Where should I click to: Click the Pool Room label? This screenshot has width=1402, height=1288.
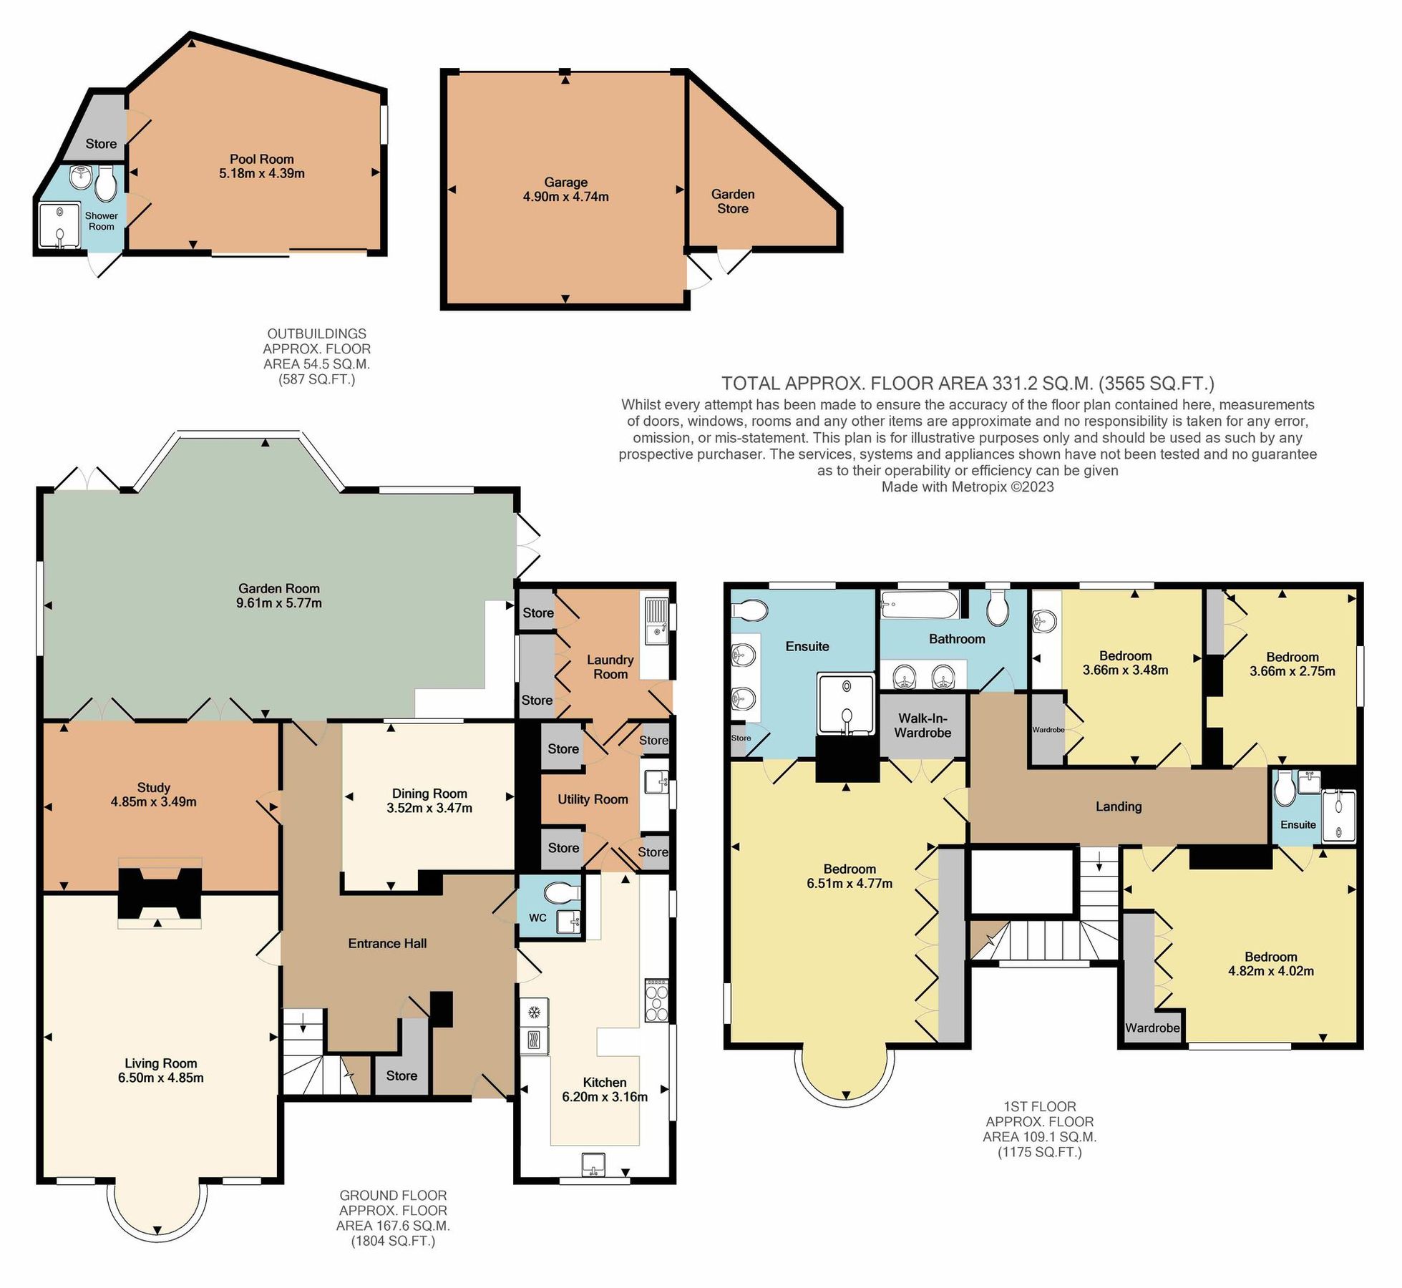[261, 159]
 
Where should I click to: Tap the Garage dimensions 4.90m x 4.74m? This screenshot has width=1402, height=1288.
[565, 197]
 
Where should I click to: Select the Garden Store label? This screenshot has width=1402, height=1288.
[732, 201]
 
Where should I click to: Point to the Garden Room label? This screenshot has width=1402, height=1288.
[278, 588]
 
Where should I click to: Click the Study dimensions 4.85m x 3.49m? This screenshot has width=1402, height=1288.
[153, 802]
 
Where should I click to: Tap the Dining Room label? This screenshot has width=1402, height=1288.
[429, 793]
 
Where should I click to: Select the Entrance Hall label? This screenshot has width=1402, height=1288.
[387, 943]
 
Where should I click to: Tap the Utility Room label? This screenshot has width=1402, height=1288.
[593, 799]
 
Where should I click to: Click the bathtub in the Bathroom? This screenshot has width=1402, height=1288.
[919, 606]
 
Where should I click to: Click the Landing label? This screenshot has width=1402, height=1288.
[1118, 806]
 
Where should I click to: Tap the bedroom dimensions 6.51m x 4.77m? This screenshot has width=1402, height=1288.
[849, 883]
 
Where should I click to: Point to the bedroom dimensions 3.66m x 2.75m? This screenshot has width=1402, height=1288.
[1292, 671]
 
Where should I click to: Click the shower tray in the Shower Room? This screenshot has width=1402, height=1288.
[60, 226]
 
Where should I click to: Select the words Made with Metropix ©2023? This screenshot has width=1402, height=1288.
[967, 487]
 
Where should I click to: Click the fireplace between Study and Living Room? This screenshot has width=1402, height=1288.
[159, 893]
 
